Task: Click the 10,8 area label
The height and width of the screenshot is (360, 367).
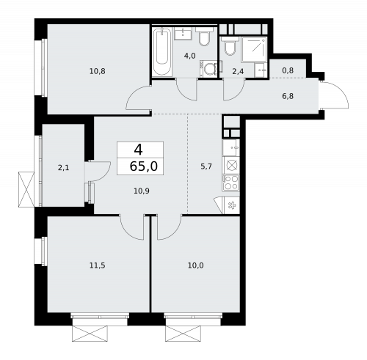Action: tap(97, 71)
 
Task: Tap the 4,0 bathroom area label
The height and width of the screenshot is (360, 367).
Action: tap(189, 55)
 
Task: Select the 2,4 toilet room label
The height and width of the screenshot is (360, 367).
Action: tap(237, 71)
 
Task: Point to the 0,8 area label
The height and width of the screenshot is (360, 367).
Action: tap(287, 71)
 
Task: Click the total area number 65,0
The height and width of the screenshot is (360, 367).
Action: tap(141, 166)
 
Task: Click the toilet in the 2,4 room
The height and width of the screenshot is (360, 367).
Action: tap(230, 49)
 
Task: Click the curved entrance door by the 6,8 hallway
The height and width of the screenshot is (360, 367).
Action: tap(333, 95)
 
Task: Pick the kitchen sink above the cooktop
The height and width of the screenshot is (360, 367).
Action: tap(231, 164)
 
